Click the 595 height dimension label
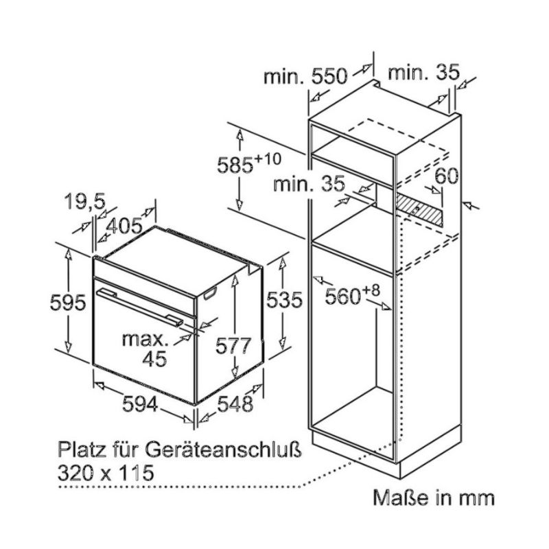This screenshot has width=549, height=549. click(x=67, y=302)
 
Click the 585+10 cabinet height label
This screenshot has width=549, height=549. click(x=249, y=165)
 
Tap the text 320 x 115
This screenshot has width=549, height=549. click(x=105, y=472)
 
